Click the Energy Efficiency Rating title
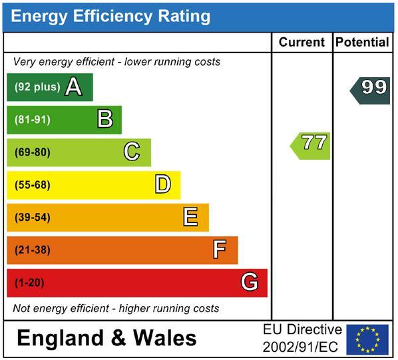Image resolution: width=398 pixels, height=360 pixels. pyautogui.click(x=110, y=17)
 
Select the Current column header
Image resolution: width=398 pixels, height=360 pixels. pyautogui.click(x=301, y=42)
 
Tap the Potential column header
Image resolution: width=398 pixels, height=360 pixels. pyautogui.click(x=362, y=42)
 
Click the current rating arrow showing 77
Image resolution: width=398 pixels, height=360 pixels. pyautogui.click(x=310, y=146)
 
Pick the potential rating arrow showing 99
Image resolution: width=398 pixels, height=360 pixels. pyautogui.click(x=370, y=90)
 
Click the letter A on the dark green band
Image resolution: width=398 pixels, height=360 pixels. pyautogui.click(x=74, y=87)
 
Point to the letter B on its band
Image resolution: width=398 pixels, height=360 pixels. pyautogui.click(x=105, y=118)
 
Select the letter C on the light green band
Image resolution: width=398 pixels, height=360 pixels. pyautogui.click(x=132, y=151)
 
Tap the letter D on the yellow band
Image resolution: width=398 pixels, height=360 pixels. pyautogui.click(x=163, y=184)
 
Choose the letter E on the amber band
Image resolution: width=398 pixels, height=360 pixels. pyautogui.click(x=190, y=217)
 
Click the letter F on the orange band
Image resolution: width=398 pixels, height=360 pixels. pyautogui.click(x=220, y=250)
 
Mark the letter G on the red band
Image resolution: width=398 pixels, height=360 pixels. pyautogui.click(x=250, y=281)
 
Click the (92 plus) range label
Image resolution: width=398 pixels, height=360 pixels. pyautogui.click(x=37, y=87)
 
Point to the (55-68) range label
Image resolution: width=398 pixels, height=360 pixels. pyautogui.click(x=33, y=185)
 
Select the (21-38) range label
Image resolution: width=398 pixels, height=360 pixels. pyautogui.click(x=33, y=250)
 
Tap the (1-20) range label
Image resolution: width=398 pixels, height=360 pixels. pyautogui.click(x=29, y=283)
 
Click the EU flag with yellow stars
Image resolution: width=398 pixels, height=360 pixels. pyautogui.click(x=367, y=339)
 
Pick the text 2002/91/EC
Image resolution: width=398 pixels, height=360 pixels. pyautogui.click(x=300, y=347)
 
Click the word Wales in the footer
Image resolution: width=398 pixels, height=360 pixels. pyautogui.click(x=165, y=338)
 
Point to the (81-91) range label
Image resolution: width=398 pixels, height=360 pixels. pyautogui.click(x=33, y=120)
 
